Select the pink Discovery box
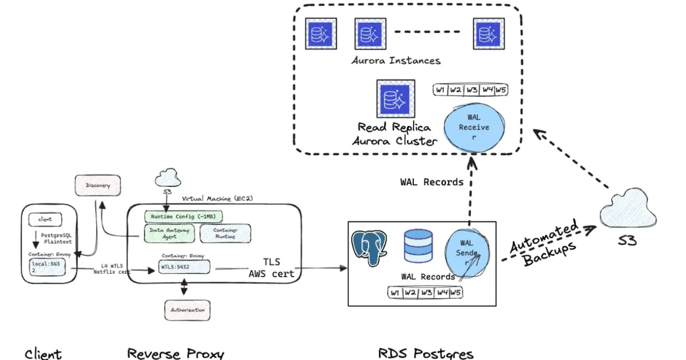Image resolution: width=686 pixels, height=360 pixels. pos(98,186)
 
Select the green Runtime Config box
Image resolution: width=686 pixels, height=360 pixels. pos(184,217)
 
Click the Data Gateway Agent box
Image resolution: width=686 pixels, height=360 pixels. pos(169,233)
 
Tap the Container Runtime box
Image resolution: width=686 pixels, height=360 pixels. pos(225,233)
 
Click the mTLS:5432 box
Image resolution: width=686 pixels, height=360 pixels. pos(184,266)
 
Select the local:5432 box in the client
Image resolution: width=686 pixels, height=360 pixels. pos(48,267)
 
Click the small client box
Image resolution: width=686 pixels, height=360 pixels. pos(45,219)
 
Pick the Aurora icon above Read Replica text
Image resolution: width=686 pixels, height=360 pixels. pos(395,98)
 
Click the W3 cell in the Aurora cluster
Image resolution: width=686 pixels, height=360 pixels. pos(472,90)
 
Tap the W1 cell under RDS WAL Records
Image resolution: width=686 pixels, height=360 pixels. pos(394,293)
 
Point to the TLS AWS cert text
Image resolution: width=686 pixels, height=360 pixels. pos(271,268)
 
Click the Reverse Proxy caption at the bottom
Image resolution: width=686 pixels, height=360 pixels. pos(176,353)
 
